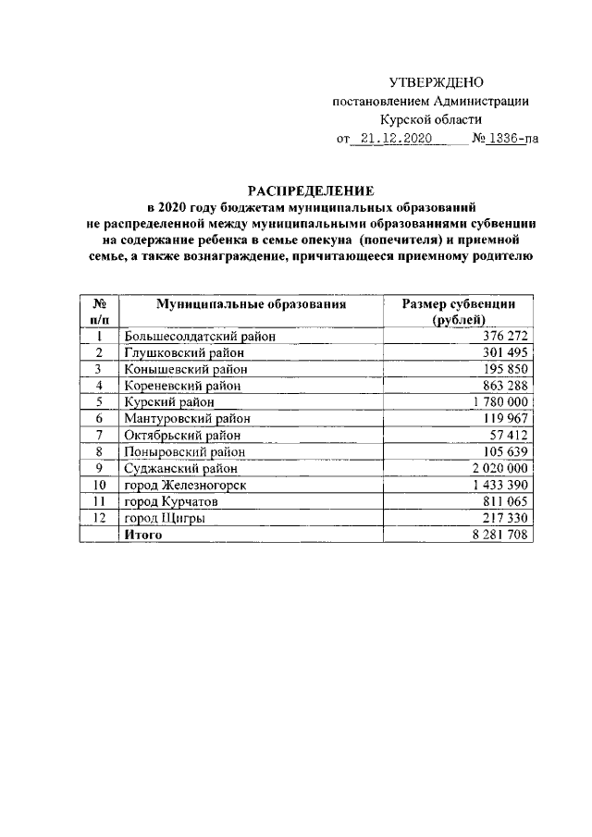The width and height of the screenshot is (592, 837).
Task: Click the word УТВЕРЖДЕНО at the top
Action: tap(436, 83)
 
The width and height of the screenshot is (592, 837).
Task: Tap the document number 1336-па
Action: tap(512, 140)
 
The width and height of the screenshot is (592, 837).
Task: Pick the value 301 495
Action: tap(505, 352)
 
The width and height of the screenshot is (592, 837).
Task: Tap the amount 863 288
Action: tap(505, 386)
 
